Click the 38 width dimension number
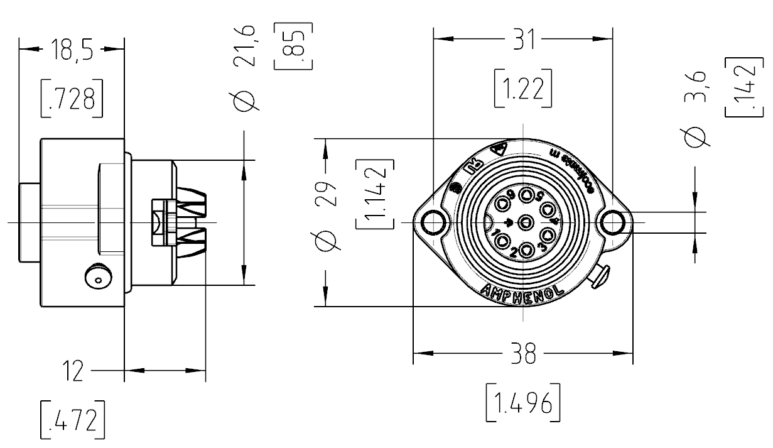[522, 356]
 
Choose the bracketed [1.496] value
[522, 404]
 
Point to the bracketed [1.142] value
[375, 195]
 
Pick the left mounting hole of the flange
[433, 222]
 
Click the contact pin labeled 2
[526, 249]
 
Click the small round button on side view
[97, 276]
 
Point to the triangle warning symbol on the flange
[499, 150]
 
